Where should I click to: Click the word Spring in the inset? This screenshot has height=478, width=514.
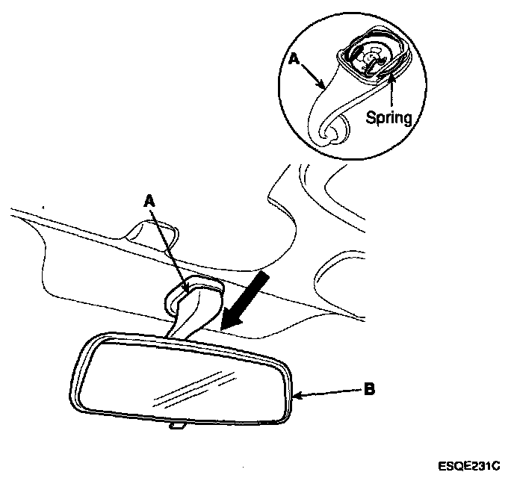(388, 118)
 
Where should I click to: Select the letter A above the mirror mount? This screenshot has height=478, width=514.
(151, 200)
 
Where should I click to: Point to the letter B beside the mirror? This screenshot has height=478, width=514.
(371, 388)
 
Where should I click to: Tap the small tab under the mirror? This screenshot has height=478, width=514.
(178, 426)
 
